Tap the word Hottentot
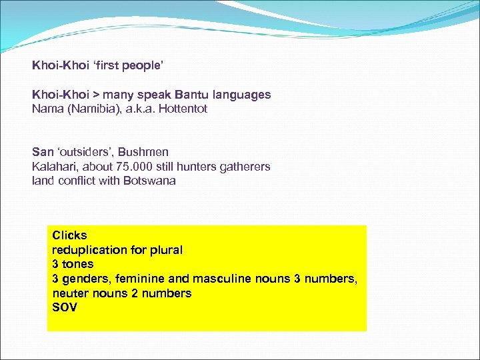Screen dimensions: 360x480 pyautogui.click(x=181, y=109)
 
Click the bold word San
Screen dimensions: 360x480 pyautogui.click(x=42, y=153)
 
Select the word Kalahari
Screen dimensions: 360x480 pyautogui.click(x=53, y=167)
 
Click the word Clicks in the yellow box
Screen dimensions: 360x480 pyautogui.click(x=69, y=235)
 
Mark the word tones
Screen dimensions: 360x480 pyautogui.click(x=77, y=264)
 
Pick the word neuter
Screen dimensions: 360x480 pyautogui.click(x=70, y=293)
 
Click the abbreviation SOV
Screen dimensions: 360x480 pyautogui.click(x=65, y=307)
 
